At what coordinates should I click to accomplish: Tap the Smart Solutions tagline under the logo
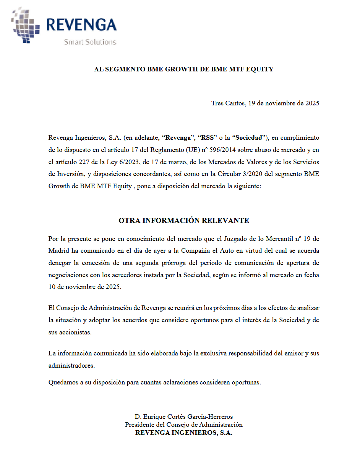90,42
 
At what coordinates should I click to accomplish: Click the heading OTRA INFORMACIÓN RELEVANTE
184,221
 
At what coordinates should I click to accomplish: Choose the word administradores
71,366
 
